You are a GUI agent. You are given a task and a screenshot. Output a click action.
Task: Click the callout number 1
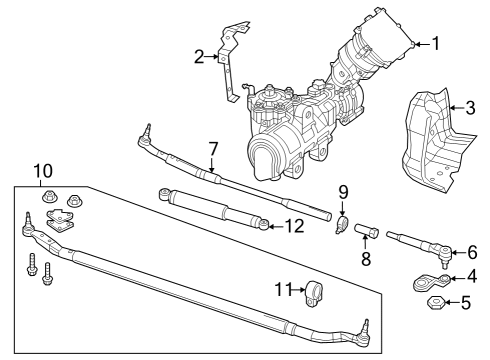[435, 43]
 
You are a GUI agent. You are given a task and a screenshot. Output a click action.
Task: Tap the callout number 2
[199, 57]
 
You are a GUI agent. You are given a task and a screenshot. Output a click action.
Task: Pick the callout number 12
[292, 226]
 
